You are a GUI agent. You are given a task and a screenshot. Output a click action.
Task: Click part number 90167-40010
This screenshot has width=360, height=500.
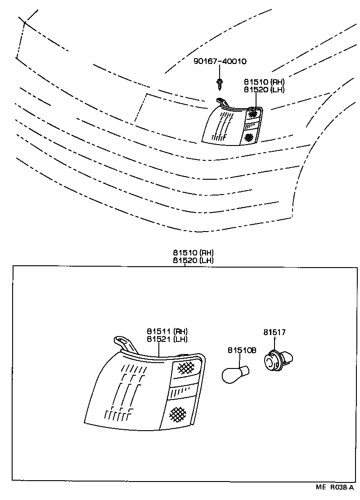click(x=220, y=61)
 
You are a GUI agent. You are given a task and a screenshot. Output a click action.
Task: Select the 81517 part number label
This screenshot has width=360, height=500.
click(x=274, y=332)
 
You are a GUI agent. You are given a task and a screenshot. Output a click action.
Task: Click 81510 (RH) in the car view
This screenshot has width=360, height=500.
click(x=265, y=82)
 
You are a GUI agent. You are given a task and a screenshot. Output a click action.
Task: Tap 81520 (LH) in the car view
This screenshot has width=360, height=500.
click(x=265, y=90)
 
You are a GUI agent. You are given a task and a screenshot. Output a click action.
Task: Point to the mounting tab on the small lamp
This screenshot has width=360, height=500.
click(x=220, y=101)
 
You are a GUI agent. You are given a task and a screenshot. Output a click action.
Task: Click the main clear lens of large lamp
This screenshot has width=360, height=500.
click(x=124, y=392)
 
